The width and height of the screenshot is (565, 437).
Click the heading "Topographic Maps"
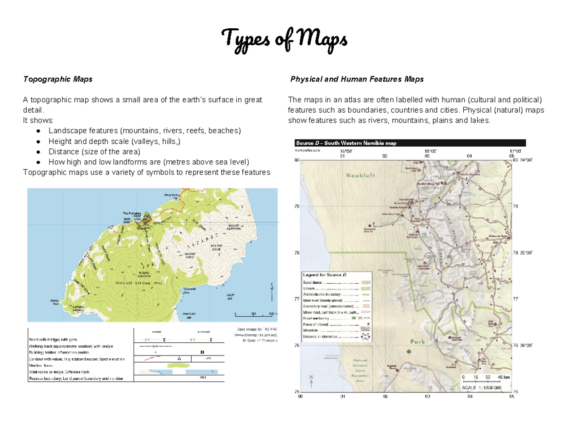pyautogui.click(x=58, y=79)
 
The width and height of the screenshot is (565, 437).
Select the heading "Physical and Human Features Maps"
pyautogui.click(x=357, y=79)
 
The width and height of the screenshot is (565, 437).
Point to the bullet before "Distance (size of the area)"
pyautogui.click(x=38, y=152)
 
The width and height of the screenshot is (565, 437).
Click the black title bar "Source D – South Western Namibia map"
pyautogui.click(x=409, y=143)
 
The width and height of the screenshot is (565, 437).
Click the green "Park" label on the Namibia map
pyautogui.click(x=417, y=342)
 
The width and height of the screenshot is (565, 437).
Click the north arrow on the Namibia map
pyautogui.click(x=311, y=380)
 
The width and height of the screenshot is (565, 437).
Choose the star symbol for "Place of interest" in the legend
pyautogui.click(x=368, y=324)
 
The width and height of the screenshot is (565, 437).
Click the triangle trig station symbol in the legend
pyautogui.click(x=178, y=358)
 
